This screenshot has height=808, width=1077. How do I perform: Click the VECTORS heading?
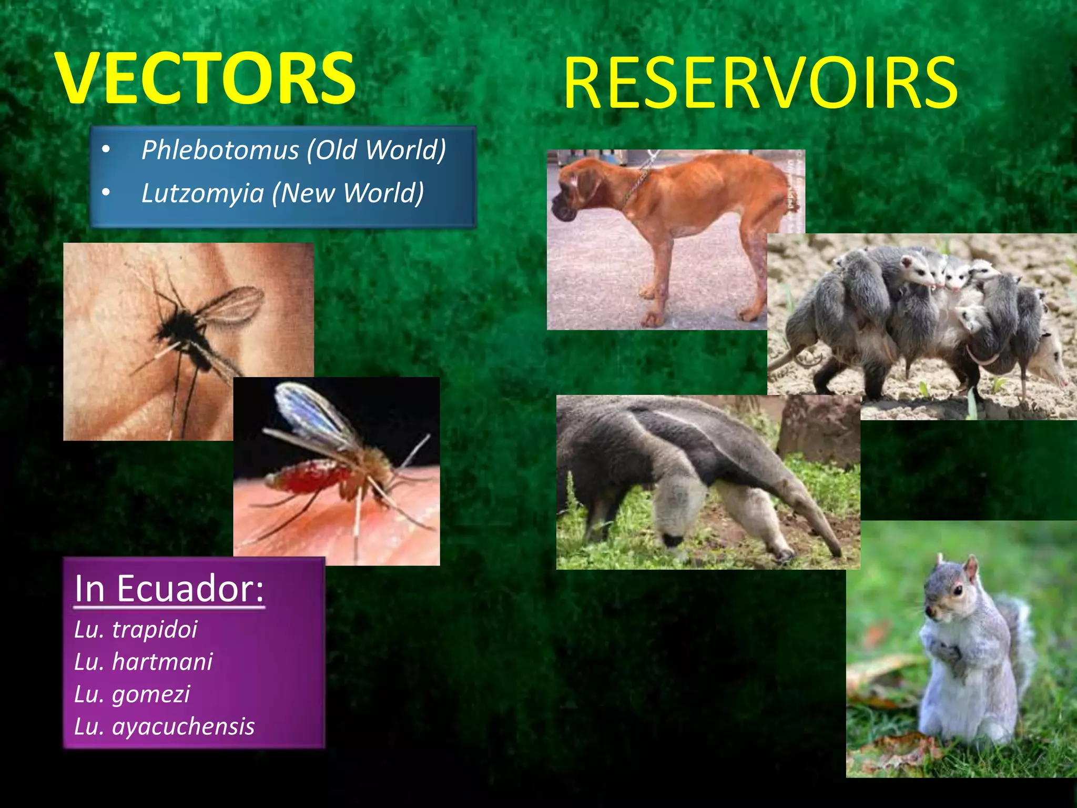[x=206, y=79]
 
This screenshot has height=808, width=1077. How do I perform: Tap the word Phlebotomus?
[x=220, y=150]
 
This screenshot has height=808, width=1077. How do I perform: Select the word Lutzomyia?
[x=202, y=193]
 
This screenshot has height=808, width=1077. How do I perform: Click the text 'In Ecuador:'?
[x=169, y=589]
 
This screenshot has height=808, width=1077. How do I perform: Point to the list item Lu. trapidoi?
[x=136, y=629]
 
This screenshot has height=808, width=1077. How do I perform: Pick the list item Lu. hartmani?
[x=143, y=662]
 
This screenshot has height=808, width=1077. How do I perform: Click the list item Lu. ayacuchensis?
[x=164, y=726]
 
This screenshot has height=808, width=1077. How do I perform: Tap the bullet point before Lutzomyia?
[x=106, y=193]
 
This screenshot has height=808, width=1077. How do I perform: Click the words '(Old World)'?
[x=377, y=150]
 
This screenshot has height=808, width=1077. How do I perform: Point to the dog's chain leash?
[x=636, y=181]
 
